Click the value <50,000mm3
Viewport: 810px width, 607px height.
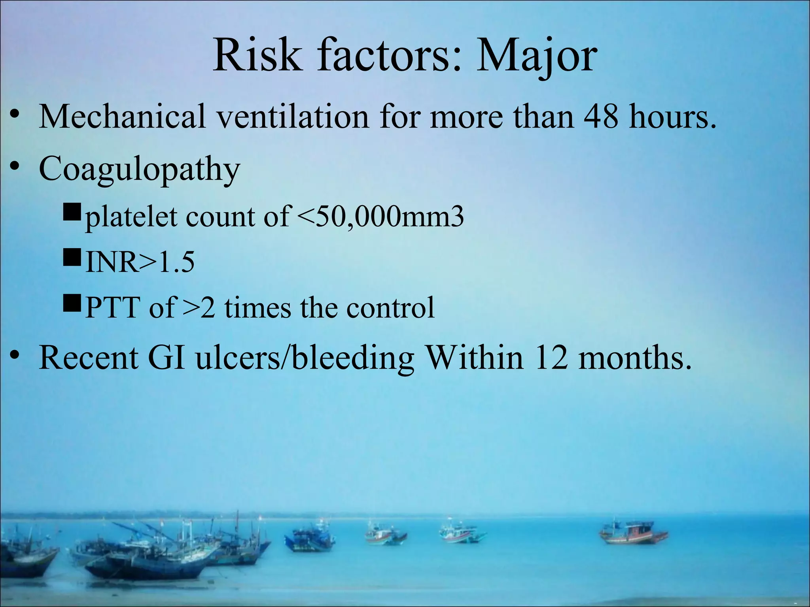380,217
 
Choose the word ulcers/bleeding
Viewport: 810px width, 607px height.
305,358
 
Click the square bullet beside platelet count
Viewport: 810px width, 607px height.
72,214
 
